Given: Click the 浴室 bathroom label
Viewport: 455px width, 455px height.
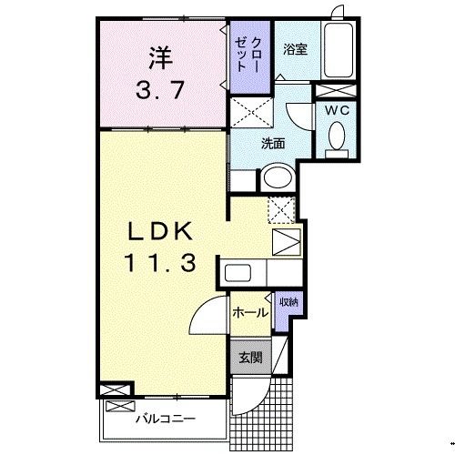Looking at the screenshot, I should [x=294, y=50].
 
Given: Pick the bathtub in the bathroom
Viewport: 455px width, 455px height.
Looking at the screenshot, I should [x=341, y=52].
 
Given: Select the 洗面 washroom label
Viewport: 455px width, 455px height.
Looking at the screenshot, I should [x=274, y=143].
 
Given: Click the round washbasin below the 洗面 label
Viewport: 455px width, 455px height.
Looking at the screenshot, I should [x=277, y=177].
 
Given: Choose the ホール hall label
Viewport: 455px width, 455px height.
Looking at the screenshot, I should [x=249, y=313].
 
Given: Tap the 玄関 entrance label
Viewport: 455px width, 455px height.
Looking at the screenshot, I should [x=251, y=358].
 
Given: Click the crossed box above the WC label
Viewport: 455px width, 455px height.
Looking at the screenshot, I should [x=330, y=91].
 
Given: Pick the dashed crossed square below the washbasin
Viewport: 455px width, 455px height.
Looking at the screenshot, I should [x=283, y=207].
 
